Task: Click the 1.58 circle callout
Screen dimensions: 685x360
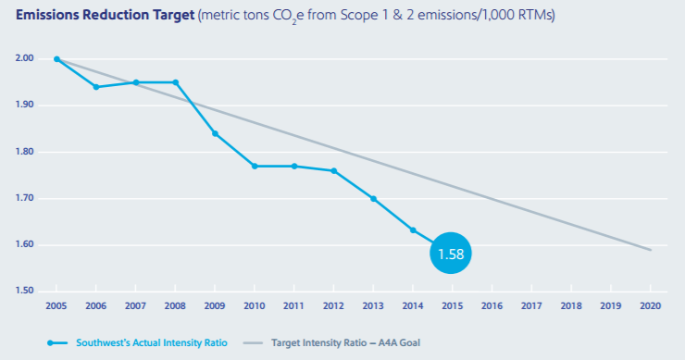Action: (451, 253)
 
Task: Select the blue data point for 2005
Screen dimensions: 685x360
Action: (56, 59)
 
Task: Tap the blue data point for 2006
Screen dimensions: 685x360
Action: (96, 87)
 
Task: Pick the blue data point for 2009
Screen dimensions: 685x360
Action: (215, 133)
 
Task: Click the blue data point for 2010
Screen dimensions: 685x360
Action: (255, 166)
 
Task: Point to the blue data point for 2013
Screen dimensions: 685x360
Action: (374, 199)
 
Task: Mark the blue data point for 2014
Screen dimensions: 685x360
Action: (413, 230)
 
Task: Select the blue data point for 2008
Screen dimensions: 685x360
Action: (176, 82)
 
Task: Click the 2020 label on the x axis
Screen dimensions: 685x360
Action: (651, 305)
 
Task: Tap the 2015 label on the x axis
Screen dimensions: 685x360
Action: (452, 305)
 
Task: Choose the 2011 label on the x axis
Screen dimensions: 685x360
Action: (293, 305)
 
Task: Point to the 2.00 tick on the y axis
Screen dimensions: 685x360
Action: (24, 58)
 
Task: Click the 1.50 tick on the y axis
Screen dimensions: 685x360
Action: (24, 291)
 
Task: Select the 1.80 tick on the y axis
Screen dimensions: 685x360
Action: (24, 152)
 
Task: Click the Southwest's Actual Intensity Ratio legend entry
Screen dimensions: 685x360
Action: (138, 343)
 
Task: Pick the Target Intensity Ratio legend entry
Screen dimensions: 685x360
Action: (332, 343)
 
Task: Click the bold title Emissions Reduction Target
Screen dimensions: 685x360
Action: (105, 15)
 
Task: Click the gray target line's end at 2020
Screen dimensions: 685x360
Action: (651, 250)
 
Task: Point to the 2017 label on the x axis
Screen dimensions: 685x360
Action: (531, 305)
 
